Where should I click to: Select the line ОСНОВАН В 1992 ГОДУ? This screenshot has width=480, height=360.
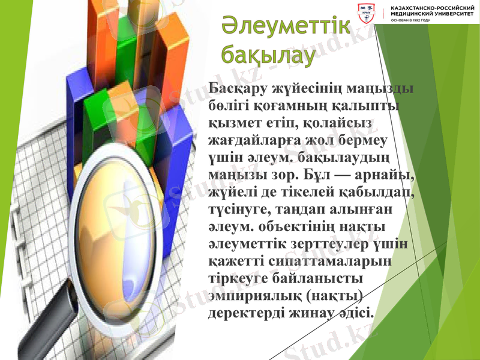[x=410, y=20]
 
